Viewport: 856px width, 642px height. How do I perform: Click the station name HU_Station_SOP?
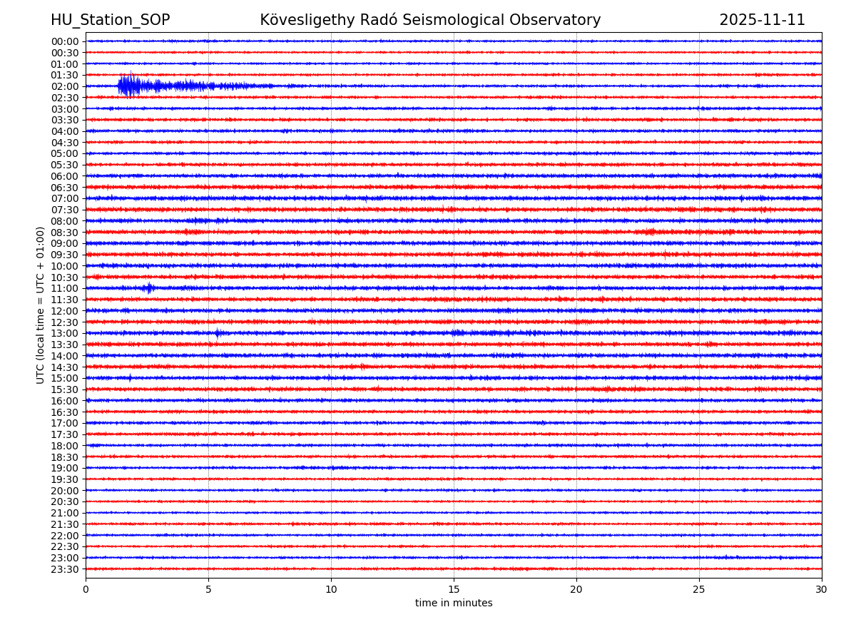click(x=110, y=21)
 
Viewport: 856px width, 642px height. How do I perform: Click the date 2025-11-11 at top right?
click(x=762, y=21)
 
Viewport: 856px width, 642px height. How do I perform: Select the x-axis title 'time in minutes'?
click(x=454, y=603)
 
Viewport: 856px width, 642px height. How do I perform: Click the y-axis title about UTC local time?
click(x=41, y=305)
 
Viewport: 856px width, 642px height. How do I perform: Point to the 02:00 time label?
click(x=65, y=86)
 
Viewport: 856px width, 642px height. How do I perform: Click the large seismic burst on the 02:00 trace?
click(x=130, y=86)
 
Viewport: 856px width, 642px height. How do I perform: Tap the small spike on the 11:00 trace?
click(x=148, y=288)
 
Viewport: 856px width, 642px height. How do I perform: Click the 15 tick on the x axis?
click(x=454, y=590)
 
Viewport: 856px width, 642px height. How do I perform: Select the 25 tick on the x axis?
click(x=699, y=590)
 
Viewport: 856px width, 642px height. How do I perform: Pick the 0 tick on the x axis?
click(x=86, y=590)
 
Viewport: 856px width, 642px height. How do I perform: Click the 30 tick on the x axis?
click(x=822, y=590)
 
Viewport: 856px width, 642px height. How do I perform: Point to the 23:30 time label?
click(x=65, y=569)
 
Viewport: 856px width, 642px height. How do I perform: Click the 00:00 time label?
click(x=65, y=41)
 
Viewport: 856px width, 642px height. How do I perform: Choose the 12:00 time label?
click(x=65, y=311)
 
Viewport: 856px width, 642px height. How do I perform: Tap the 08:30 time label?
click(x=65, y=233)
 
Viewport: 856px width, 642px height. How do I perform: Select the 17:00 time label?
click(x=65, y=423)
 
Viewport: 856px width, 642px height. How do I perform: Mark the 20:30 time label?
click(x=65, y=501)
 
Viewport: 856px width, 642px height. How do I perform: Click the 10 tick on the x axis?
click(x=331, y=590)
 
